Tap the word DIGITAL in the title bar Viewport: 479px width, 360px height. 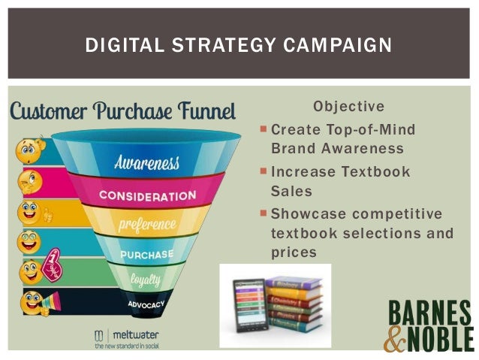(x=119, y=46)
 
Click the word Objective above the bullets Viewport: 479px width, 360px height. (x=348, y=107)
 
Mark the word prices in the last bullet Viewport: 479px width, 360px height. (x=293, y=253)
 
